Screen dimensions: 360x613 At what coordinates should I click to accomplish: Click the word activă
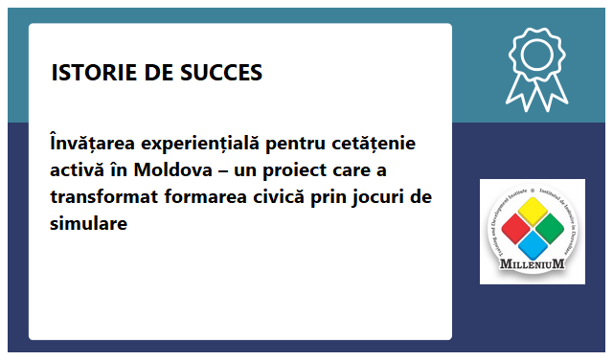click(78, 170)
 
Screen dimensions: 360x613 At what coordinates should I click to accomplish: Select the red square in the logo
click(515, 230)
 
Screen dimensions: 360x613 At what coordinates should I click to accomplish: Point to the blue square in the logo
click(532, 246)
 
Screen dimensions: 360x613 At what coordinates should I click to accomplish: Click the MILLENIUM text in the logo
click(532, 263)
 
